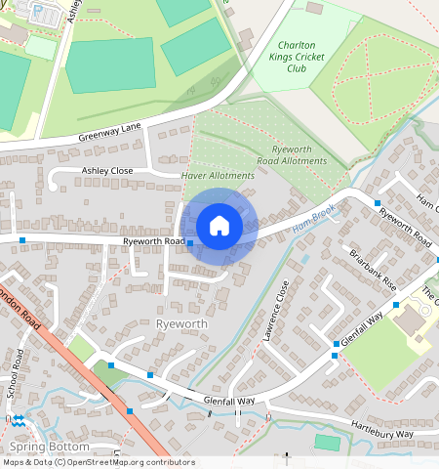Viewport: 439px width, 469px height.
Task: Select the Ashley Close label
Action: coord(107,170)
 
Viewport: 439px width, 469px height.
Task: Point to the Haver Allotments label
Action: coord(219,175)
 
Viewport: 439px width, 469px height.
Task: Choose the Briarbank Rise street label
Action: coord(374,269)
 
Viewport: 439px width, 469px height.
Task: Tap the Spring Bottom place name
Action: coord(49,447)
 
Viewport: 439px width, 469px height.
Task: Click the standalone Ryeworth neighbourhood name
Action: coord(183,322)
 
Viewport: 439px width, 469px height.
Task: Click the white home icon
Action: coord(219,226)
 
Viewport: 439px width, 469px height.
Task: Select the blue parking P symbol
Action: coord(38,12)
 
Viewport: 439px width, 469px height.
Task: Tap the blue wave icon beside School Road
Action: coord(19,421)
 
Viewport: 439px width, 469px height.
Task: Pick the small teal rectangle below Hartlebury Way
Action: coord(328,443)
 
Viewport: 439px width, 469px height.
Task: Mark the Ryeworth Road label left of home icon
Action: coord(154,241)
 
